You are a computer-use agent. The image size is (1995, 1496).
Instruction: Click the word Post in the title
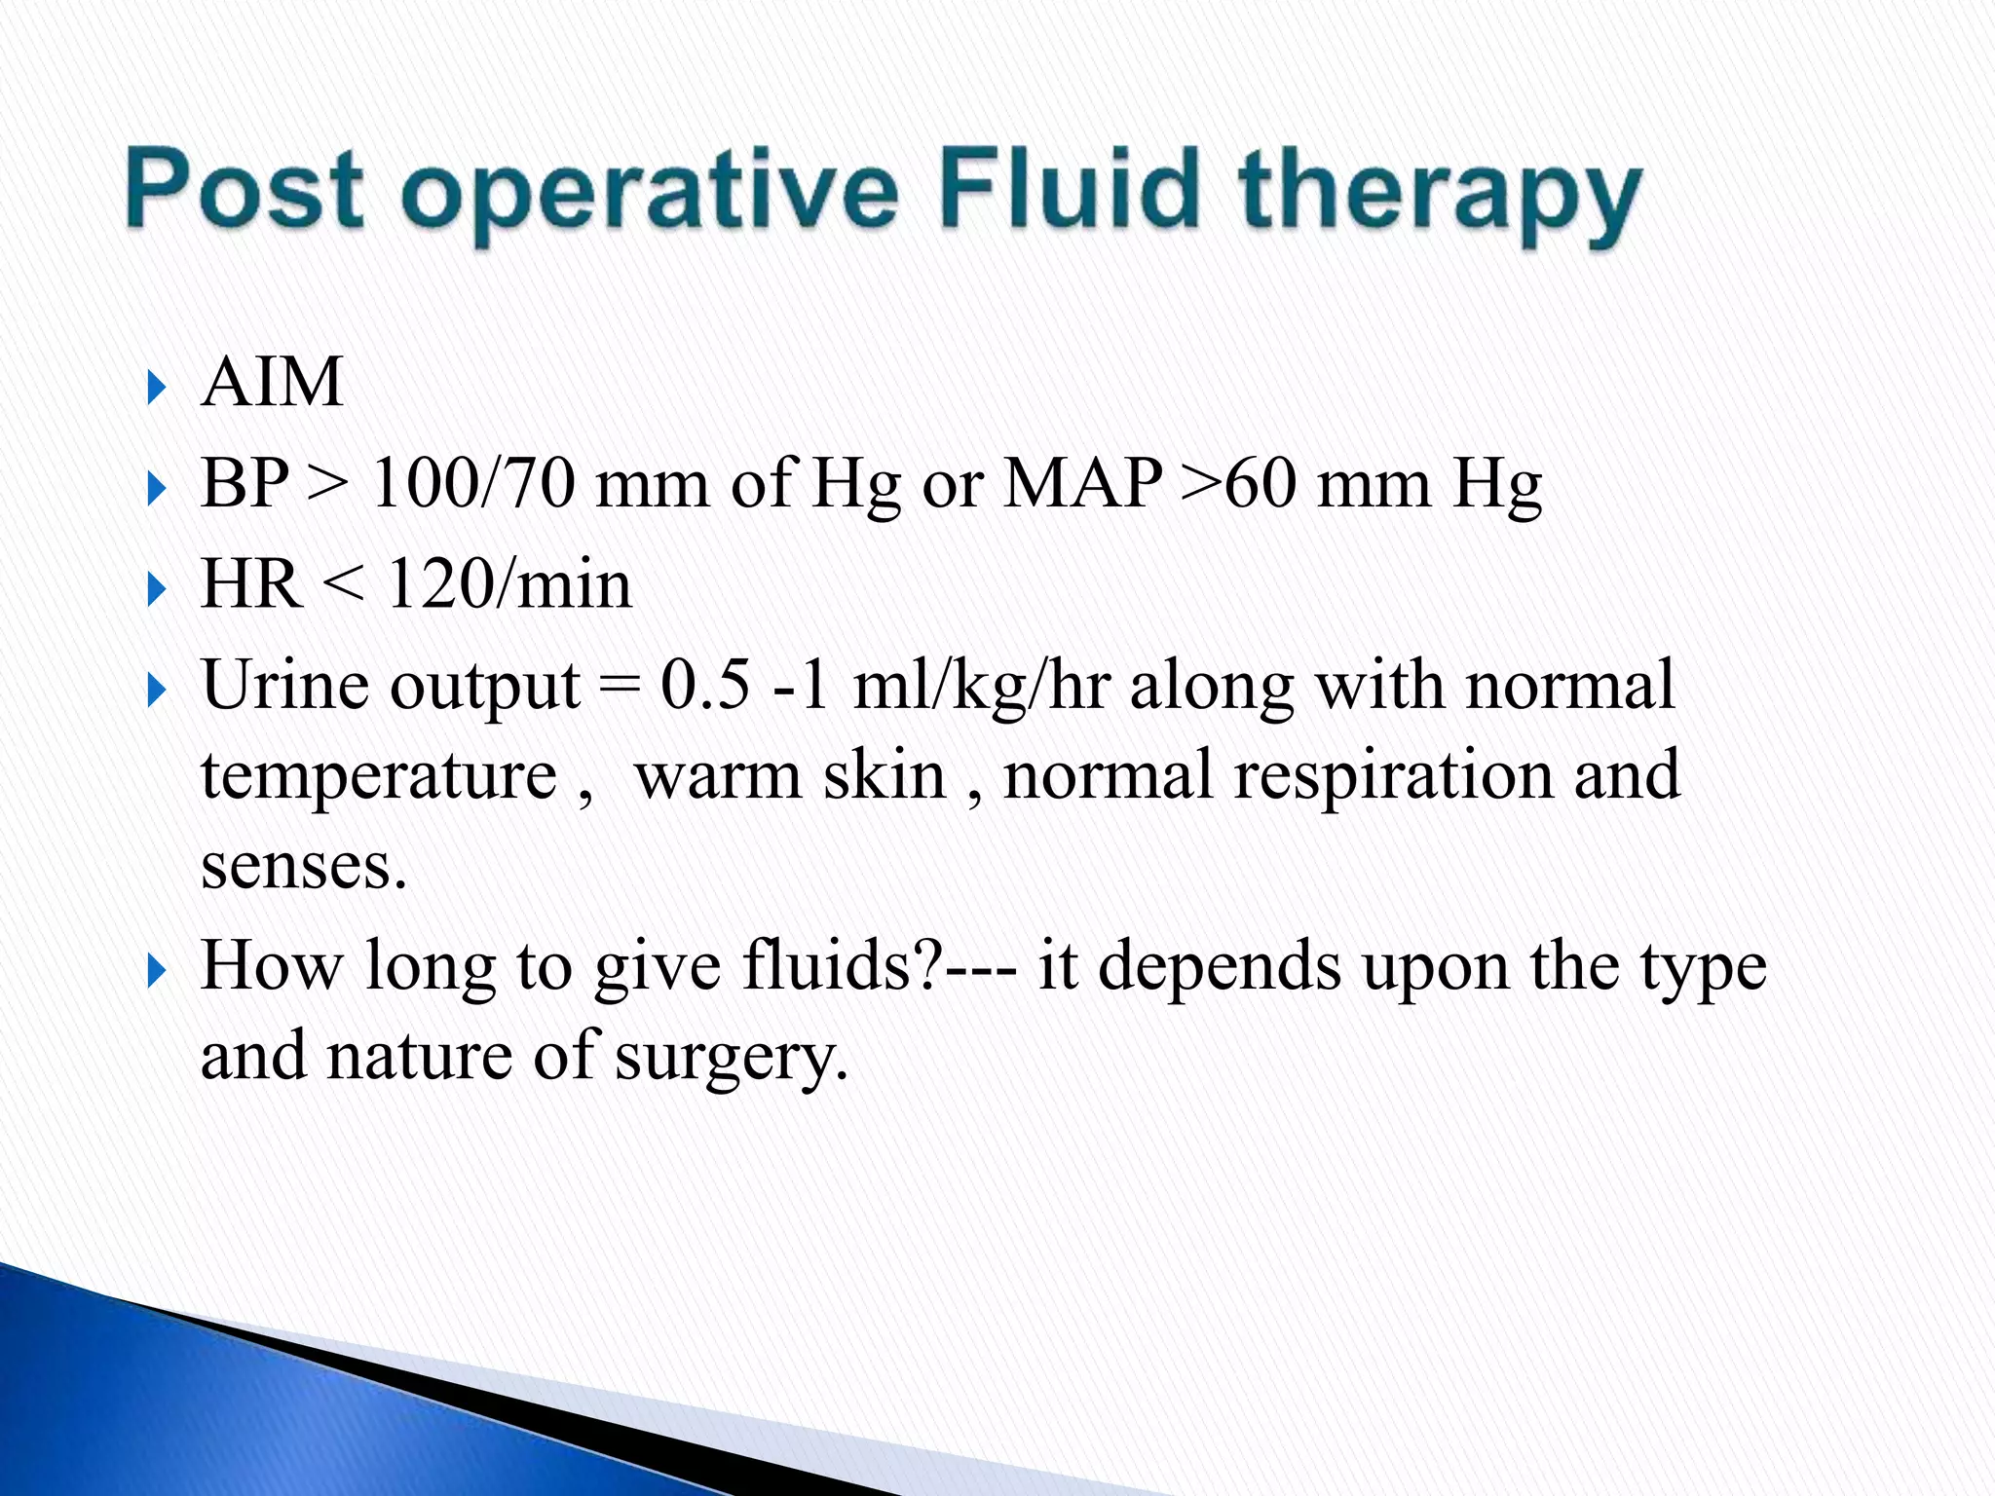[245, 189]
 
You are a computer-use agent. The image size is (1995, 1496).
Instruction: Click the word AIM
[272, 382]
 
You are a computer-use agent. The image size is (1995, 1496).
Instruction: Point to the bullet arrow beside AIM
[157, 388]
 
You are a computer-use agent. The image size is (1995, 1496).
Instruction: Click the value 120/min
[509, 583]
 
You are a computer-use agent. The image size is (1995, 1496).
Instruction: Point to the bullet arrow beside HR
[157, 589]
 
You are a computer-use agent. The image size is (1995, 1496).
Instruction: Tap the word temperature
[379, 776]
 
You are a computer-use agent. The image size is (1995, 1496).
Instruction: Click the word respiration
[1394, 776]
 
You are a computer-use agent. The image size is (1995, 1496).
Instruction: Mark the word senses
[303, 866]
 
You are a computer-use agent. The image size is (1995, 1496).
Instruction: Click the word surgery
[731, 1057]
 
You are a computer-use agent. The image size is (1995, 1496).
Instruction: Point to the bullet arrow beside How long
[157, 971]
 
